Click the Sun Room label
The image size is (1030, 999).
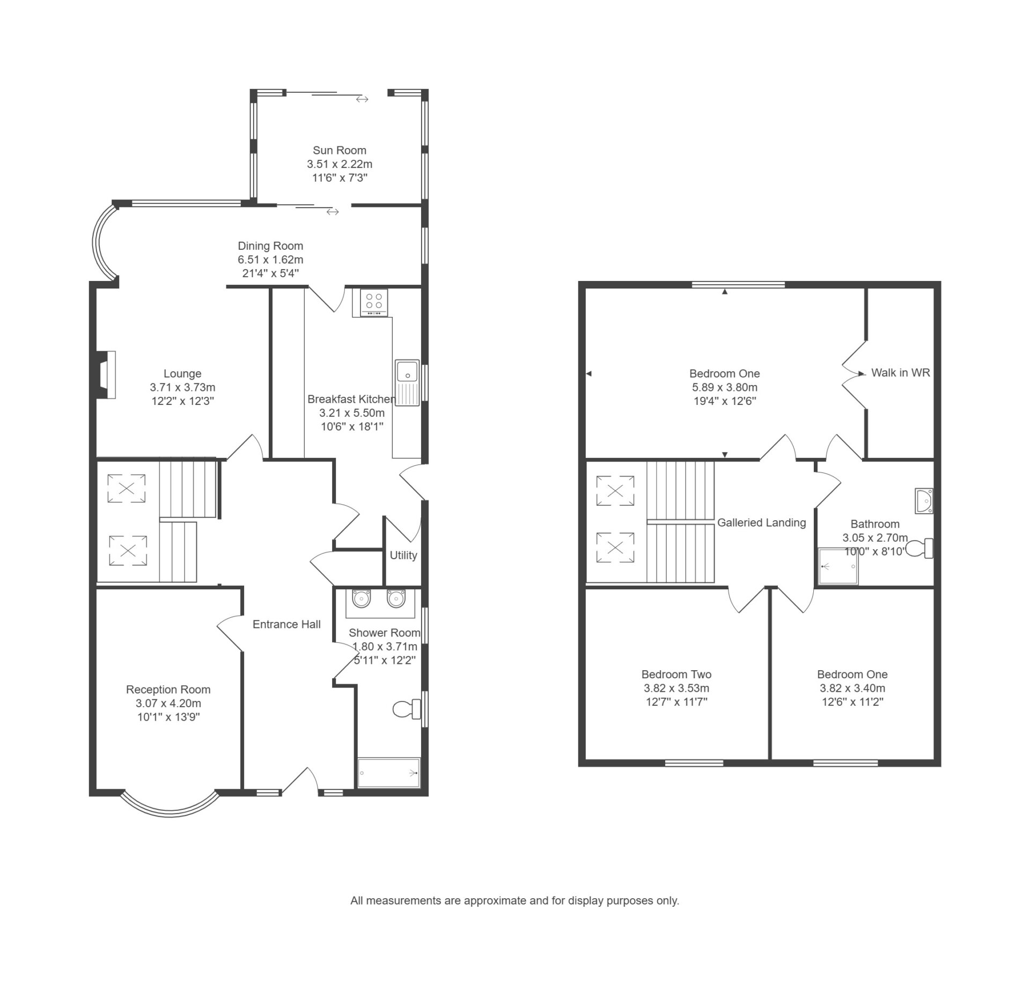pyautogui.click(x=340, y=150)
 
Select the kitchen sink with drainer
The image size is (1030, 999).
pyautogui.click(x=407, y=383)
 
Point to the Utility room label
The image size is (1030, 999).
pyautogui.click(x=403, y=556)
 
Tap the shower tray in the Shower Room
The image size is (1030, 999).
pyautogui.click(x=389, y=773)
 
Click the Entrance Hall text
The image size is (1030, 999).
pyautogui.click(x=286, y=624)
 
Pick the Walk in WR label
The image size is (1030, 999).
pyautogui.click(x=900, y=373)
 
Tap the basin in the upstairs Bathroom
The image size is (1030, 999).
pyautogui.click(x=924, y=500)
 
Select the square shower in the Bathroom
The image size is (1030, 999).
pyautogui.click(x=837, y=566)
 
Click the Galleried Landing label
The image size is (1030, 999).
pyautogui.click(x=761, y=522)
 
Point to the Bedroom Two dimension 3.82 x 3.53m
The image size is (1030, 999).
pyautogui.click(x=676, y=688)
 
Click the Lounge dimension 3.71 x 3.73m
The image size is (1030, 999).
pyautogui.click(x=182, y=387)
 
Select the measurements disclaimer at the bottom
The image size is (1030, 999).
pyautogui.click(x=514, y=900)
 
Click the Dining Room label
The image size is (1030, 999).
pyautogui.click(x=270, y=246)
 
